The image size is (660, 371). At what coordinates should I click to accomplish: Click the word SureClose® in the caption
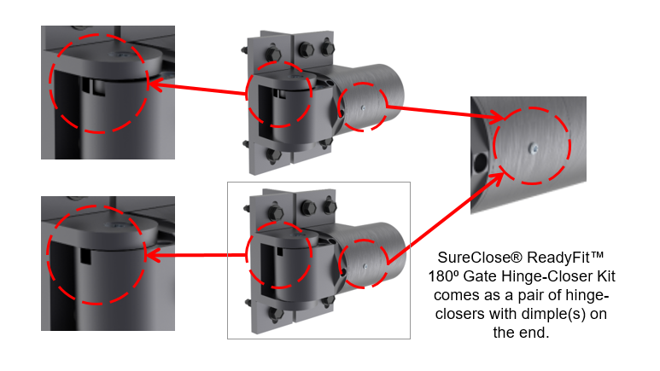tap(471, 257)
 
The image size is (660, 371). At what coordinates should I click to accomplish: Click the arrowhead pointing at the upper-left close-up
tap(153, 84)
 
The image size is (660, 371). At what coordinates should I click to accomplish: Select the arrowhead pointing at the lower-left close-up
tap(153, 253)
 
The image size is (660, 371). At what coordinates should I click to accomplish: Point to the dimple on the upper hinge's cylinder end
tap(362, 107)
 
